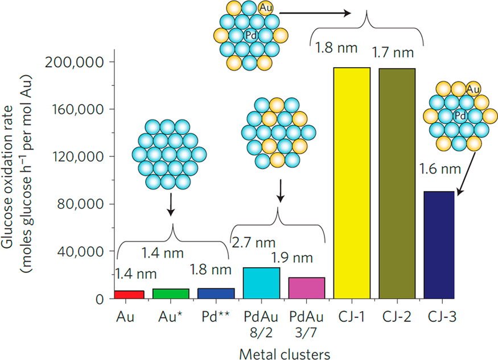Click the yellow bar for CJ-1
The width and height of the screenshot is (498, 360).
352,183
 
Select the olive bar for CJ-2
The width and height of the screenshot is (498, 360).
397,183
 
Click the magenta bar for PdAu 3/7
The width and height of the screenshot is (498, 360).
306,288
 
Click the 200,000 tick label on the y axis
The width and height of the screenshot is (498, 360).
75,61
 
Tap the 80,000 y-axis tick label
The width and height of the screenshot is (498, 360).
77,204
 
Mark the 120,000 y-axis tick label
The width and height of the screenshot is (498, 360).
75,156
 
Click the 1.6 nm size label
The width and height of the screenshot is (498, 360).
438,169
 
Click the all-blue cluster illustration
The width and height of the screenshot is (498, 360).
169,154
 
